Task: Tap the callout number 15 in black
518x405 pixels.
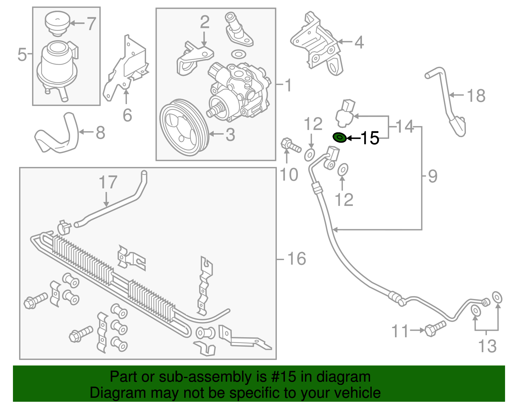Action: pos(369,138)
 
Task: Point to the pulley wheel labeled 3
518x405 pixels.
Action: pos(183,128)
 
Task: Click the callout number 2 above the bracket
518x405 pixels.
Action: pos(204,22)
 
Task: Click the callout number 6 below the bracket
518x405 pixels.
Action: pos(127,115)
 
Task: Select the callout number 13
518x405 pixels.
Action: pos(487,346)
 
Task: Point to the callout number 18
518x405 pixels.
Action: pos(476,96)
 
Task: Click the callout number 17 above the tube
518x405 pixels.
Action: pos(108,182)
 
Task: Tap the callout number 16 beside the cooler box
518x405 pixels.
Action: pos(296,259)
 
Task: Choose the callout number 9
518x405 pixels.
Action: pos(433,176)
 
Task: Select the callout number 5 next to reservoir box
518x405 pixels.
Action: pos(22,54)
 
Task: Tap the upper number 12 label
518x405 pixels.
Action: pos(313,124)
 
